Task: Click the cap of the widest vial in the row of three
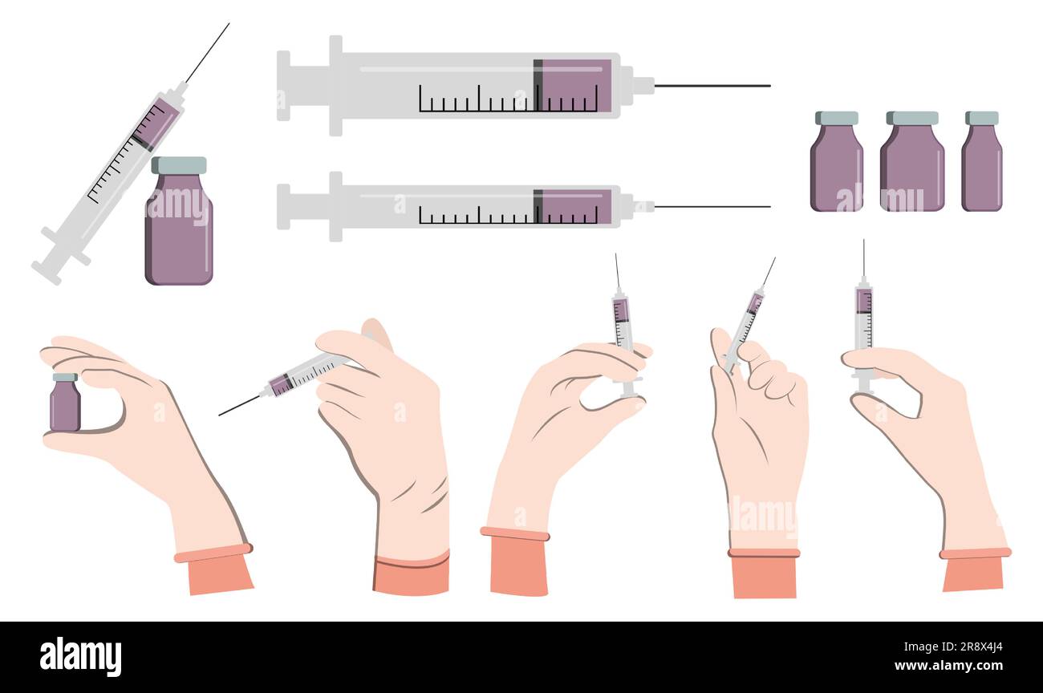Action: point(911,118)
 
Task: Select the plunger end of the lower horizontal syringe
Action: point(283,206)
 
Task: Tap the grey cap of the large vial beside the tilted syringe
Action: point(178,165)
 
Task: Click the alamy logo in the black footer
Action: point(80,657)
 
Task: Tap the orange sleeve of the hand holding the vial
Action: point(219,574)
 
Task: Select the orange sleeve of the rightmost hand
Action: point(972,572)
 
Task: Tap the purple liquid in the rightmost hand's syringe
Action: point(862,301)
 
